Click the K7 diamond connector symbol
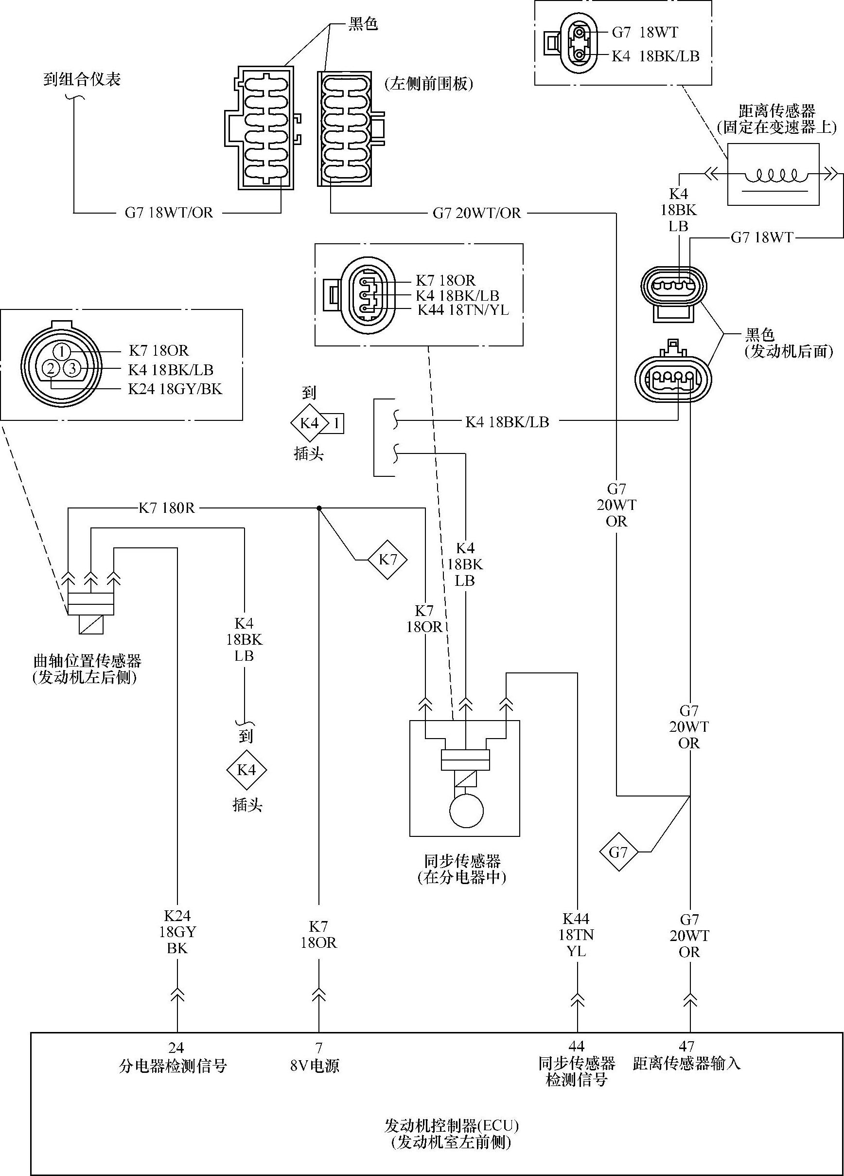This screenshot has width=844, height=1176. pos(387,560)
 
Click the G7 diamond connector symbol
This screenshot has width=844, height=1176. pos(618,852)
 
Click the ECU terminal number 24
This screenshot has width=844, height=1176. pos(176,1048)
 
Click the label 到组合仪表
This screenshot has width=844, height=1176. pos(82,80)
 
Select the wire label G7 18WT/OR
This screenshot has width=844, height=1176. pos(169,213)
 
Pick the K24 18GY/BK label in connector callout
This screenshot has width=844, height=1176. pos(175,389)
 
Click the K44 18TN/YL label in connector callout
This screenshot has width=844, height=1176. pos(464,310)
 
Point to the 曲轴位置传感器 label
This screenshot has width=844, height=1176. pos(87,661)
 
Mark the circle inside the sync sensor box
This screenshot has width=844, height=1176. pos(466,811)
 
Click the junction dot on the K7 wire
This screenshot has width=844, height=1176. pos(319,508)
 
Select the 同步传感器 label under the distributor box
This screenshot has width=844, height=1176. pos(463,861)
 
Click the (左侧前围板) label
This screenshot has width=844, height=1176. pos(429,84)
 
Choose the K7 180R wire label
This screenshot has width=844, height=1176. pos(167,507)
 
